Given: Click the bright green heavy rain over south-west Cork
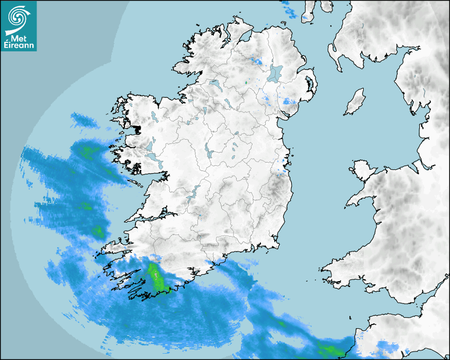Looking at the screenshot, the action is tap(156, 278).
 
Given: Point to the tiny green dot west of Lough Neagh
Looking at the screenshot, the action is tap(246, 83).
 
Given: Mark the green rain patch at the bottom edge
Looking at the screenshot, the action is tap(329, 350).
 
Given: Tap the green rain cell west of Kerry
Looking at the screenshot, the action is tap(97, 231).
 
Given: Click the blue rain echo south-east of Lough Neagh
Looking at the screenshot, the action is tap(289, 101).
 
